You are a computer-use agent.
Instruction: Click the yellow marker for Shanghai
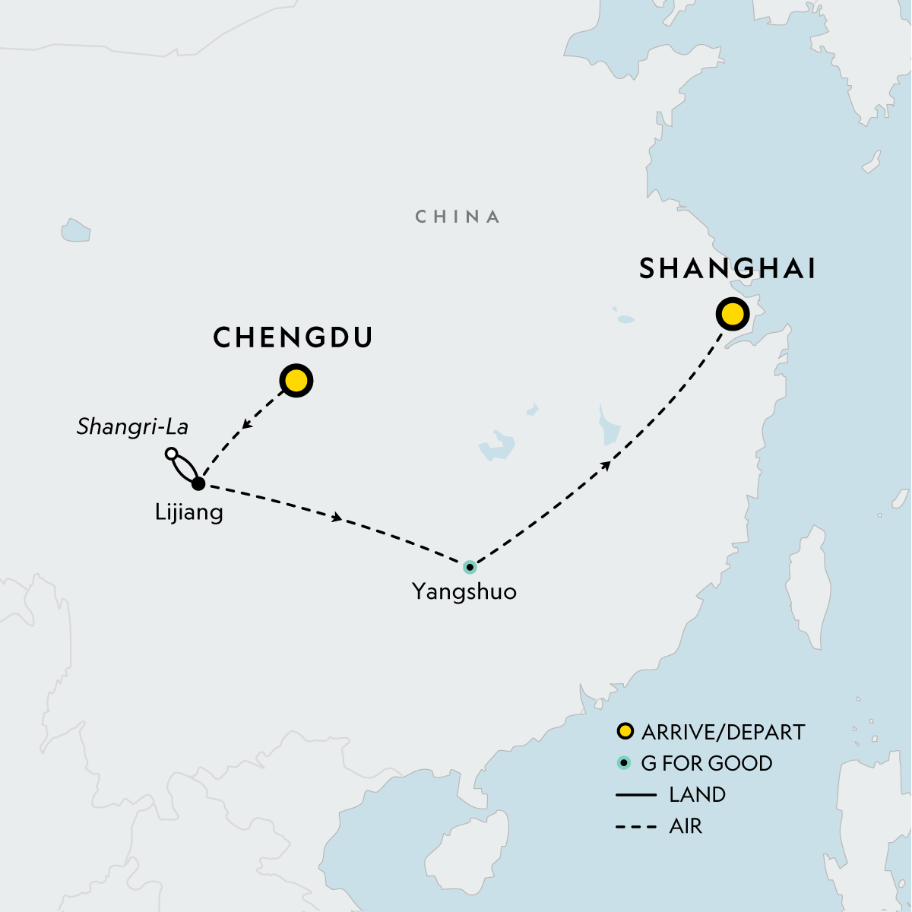tap(732, 314)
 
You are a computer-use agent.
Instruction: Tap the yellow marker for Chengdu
tap(296, 381)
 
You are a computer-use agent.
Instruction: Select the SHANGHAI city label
tap(727, 269)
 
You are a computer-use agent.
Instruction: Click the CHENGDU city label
tap(293, 337)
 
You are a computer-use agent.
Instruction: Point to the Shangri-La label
tap(132, 427)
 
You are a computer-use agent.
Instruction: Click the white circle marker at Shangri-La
tap(172, 454)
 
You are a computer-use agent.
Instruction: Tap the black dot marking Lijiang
tap(198, 483)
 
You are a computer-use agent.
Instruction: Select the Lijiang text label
tap(189, 512)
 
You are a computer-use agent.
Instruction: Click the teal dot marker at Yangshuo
tap(470, 567)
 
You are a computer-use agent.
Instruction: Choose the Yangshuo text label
tap(464, 591)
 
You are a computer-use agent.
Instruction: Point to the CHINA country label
tap(458, 217)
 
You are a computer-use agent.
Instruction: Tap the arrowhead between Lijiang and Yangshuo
tap(337, 518)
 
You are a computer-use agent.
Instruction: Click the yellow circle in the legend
tap(625, 732)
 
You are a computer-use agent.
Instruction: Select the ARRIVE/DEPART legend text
tap(723, 733)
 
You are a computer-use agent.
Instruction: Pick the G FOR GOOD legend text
tap(707, 764)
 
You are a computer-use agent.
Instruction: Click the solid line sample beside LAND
tap(636, 795)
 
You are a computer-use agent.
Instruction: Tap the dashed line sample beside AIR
tap(636, 826)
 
